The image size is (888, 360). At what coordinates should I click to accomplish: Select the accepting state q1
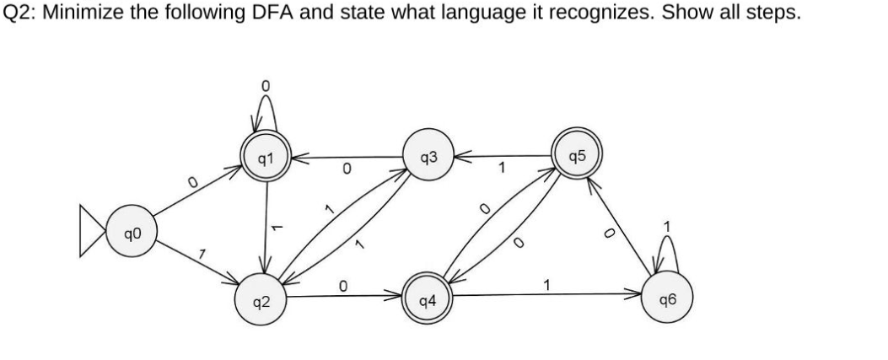(x=265, y=157)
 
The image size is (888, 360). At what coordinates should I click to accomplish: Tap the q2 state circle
(x=263, y=301)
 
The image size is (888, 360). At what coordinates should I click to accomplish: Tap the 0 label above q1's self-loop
(x=265, y=85)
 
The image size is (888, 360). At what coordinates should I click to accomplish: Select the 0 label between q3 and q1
(x=346, y=171)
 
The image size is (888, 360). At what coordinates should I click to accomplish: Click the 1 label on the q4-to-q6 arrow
(x=548, y=285)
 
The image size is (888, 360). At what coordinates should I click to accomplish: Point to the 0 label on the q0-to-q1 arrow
(x=192, y=180)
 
